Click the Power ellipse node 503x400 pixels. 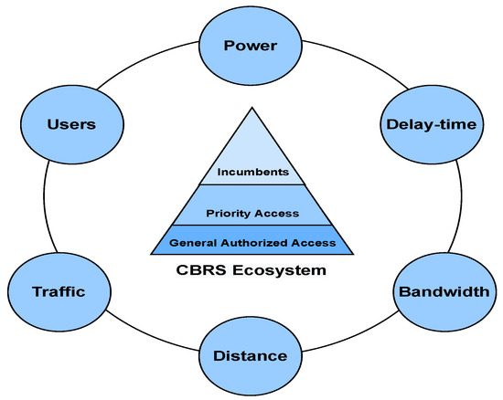[x=251, y=44]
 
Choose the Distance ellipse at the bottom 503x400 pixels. [x=251, y=355]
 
